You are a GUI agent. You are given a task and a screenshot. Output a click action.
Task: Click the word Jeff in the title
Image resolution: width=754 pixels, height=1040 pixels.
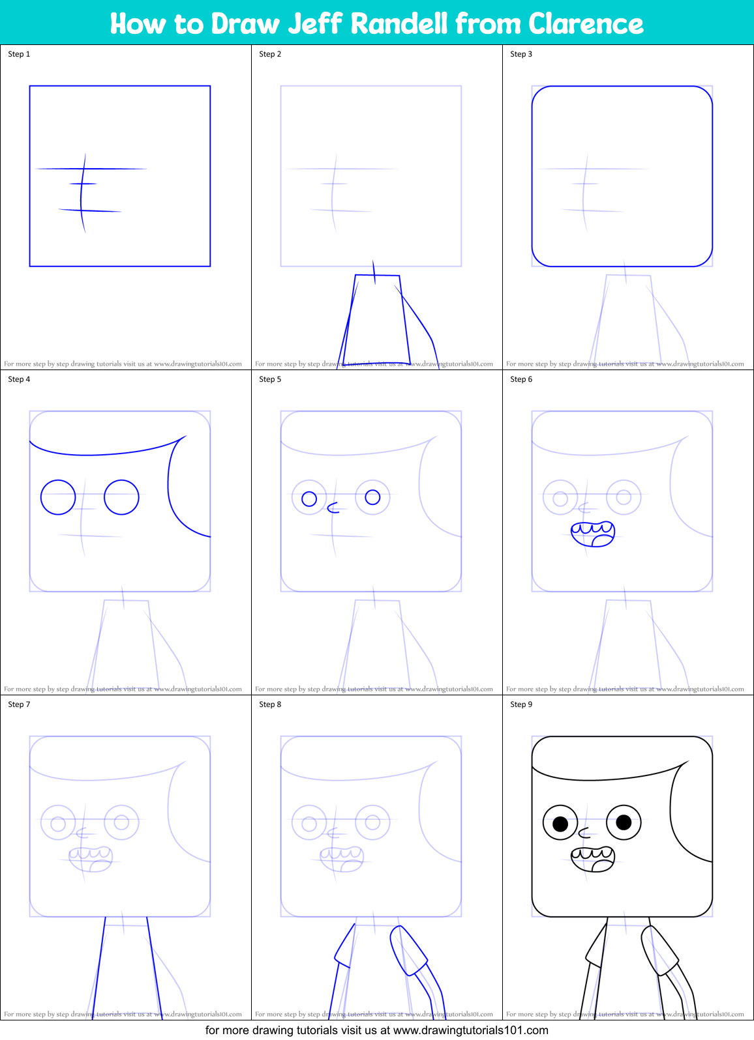pyautogui.click(x=315, y=23)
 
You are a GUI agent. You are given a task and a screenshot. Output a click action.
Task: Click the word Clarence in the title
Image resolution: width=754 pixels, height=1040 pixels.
pyautogui.click(x=586, y=23)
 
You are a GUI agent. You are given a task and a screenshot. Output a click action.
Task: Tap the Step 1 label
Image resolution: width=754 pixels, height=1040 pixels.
pyautogui.click(x=19, y=54)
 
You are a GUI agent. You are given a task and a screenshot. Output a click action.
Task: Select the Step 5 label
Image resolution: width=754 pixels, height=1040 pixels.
pyautogui.click(x=270, y=379)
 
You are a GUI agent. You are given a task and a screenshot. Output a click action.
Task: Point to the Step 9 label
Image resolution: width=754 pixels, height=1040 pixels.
pyautogui.click(x=521, y=704)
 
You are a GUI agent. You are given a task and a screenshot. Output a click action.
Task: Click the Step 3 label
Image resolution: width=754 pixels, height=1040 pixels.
pyautogui.click(x=521, y=54)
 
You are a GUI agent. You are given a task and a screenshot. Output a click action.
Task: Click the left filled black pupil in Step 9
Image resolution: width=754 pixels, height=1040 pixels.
pyautogui.click(x=560, y=824)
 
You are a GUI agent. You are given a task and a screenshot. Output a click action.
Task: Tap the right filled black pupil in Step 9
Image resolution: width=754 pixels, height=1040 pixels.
pyautogui.click(x=624, y=822)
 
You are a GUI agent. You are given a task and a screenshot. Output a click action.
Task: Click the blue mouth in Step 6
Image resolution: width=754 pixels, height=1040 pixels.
pyautogui.click(x=593, y=534)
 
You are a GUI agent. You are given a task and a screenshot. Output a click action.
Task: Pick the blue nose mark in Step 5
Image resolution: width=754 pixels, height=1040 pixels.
pyautogui.click(x=333, y=508)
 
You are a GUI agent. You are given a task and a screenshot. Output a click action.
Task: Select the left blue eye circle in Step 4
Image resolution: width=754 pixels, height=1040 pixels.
pyautogui.click(x=58, y=497)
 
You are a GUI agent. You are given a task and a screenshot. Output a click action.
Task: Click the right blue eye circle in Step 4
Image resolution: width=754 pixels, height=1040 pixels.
pyautogui.click(x=121, y=497)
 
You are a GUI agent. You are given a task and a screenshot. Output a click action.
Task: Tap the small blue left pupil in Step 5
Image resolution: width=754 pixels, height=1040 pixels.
pyautogui.click(x=309, y=499)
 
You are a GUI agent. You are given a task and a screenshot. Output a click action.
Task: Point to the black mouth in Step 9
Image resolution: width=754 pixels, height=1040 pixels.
pyautogui.click(x=593, y=859)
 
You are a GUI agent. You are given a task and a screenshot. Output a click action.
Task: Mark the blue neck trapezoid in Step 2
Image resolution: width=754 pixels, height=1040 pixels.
pyautogui.click(x=376, y=319)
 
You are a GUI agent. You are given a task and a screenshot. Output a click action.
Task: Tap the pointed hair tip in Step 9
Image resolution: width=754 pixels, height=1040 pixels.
pyautogui.click(x=687, y=761)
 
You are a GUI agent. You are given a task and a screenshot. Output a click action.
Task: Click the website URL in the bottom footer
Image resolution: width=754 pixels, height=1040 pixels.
pyautogui.click(x=470, y=1030)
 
